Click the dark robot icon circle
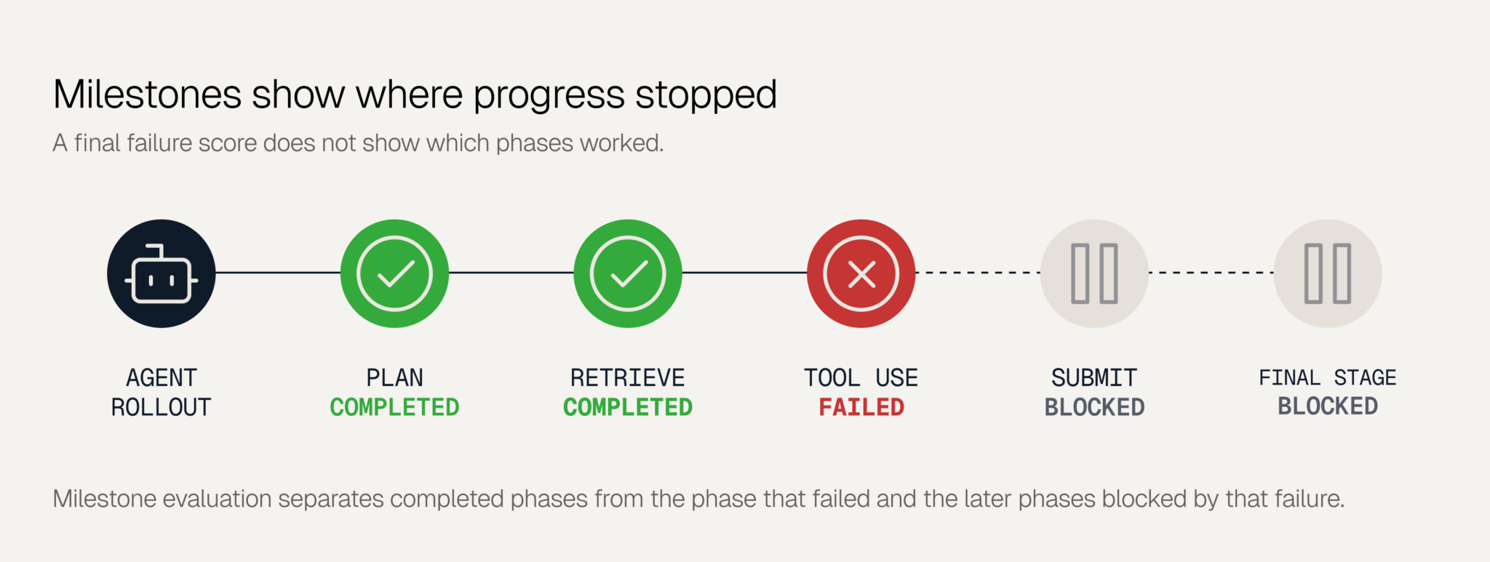162,273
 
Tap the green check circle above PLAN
394,273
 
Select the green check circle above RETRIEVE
628,273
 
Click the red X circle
861,273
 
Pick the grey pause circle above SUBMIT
1094,273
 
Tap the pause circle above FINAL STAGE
1328,273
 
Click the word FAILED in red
861,407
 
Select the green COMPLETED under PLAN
394,407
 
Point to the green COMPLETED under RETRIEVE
628,407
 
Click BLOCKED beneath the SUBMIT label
1094,407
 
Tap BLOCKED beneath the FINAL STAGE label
1328,406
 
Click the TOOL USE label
861,378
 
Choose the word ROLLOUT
162,407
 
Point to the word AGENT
162,378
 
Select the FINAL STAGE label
1328,378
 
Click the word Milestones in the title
147,95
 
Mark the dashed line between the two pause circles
1211,273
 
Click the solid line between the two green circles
511,273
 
